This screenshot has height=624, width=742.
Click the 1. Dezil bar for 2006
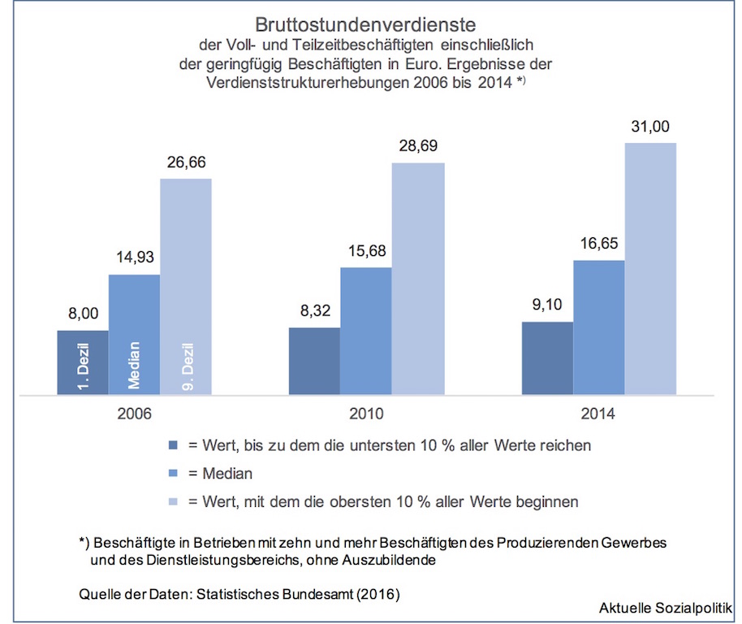[x=82, y=363]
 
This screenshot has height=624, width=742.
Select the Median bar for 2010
[x=366, y=331]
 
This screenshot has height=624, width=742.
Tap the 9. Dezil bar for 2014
[x=650, y=269]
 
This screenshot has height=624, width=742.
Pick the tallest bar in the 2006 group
[x=186, y=286]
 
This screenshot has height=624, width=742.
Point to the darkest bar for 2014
[x=547, y=358]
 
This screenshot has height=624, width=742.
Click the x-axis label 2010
[x=366, y=414]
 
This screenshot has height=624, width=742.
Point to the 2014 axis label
[x=598, y=414]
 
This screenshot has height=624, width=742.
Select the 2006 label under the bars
[x=134, y=414]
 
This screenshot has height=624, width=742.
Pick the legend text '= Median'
[x=220, y=474]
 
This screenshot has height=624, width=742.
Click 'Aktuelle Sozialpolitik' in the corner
[x=666, y=608]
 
